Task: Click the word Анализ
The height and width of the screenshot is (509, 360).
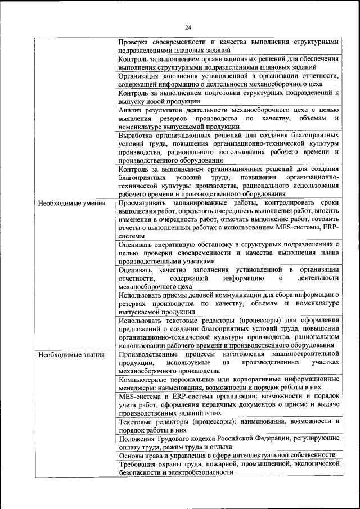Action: point(131,110)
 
